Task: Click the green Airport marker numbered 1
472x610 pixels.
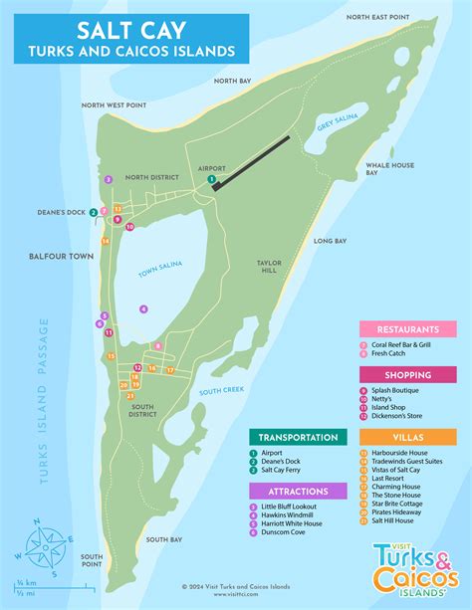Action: coord(211,179)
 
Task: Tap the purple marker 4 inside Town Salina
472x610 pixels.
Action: coord(143,309)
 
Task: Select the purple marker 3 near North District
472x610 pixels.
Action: coord(108,180)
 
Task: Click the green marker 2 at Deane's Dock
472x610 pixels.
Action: coord(93,212)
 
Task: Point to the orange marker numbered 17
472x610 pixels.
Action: coord(170,370)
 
